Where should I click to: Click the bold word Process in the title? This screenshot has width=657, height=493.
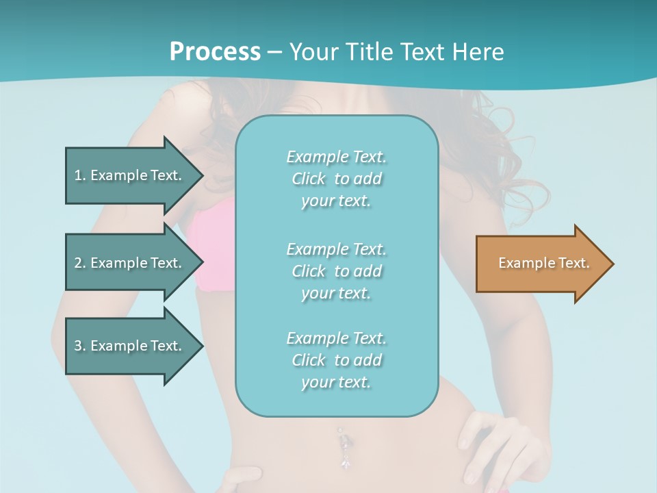[215, 51]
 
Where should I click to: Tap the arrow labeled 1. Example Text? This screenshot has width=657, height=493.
[130, 175]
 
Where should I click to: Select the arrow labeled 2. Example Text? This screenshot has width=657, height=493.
[130, 263]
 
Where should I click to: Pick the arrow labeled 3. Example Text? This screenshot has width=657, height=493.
[130, 346]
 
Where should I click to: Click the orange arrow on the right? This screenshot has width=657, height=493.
[541, 264]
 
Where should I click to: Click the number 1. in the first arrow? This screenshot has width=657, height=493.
[80, 175]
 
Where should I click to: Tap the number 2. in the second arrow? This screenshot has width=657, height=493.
[80, 263]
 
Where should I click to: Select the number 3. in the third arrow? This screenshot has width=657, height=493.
[80, 346]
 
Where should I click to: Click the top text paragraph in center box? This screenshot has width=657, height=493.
[336, 179]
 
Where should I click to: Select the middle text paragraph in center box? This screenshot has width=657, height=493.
[336, 271]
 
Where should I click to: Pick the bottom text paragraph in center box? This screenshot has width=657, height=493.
[336, 360]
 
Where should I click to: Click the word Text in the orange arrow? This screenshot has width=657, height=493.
[574, 263]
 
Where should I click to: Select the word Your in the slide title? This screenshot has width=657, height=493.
[313, 51]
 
